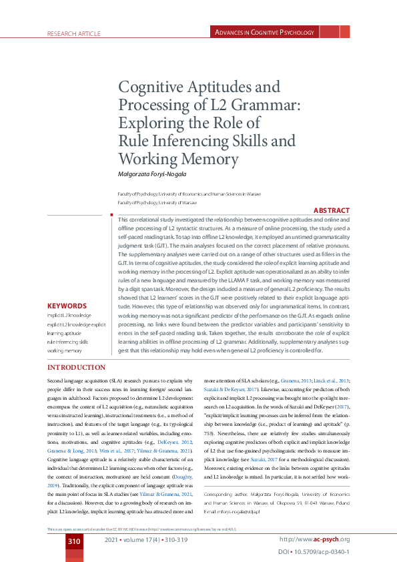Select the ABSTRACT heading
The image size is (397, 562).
pyautogui.click(x=331, y=210)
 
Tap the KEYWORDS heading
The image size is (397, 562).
pyautogui.click(x=67, y=306)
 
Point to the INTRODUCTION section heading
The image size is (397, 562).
pyautogui.click(x=76, y=368)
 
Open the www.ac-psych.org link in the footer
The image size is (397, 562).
pyautogui.click(x=314, y=539)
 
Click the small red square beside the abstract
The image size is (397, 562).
pyautogui.click(x=110, y=215)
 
